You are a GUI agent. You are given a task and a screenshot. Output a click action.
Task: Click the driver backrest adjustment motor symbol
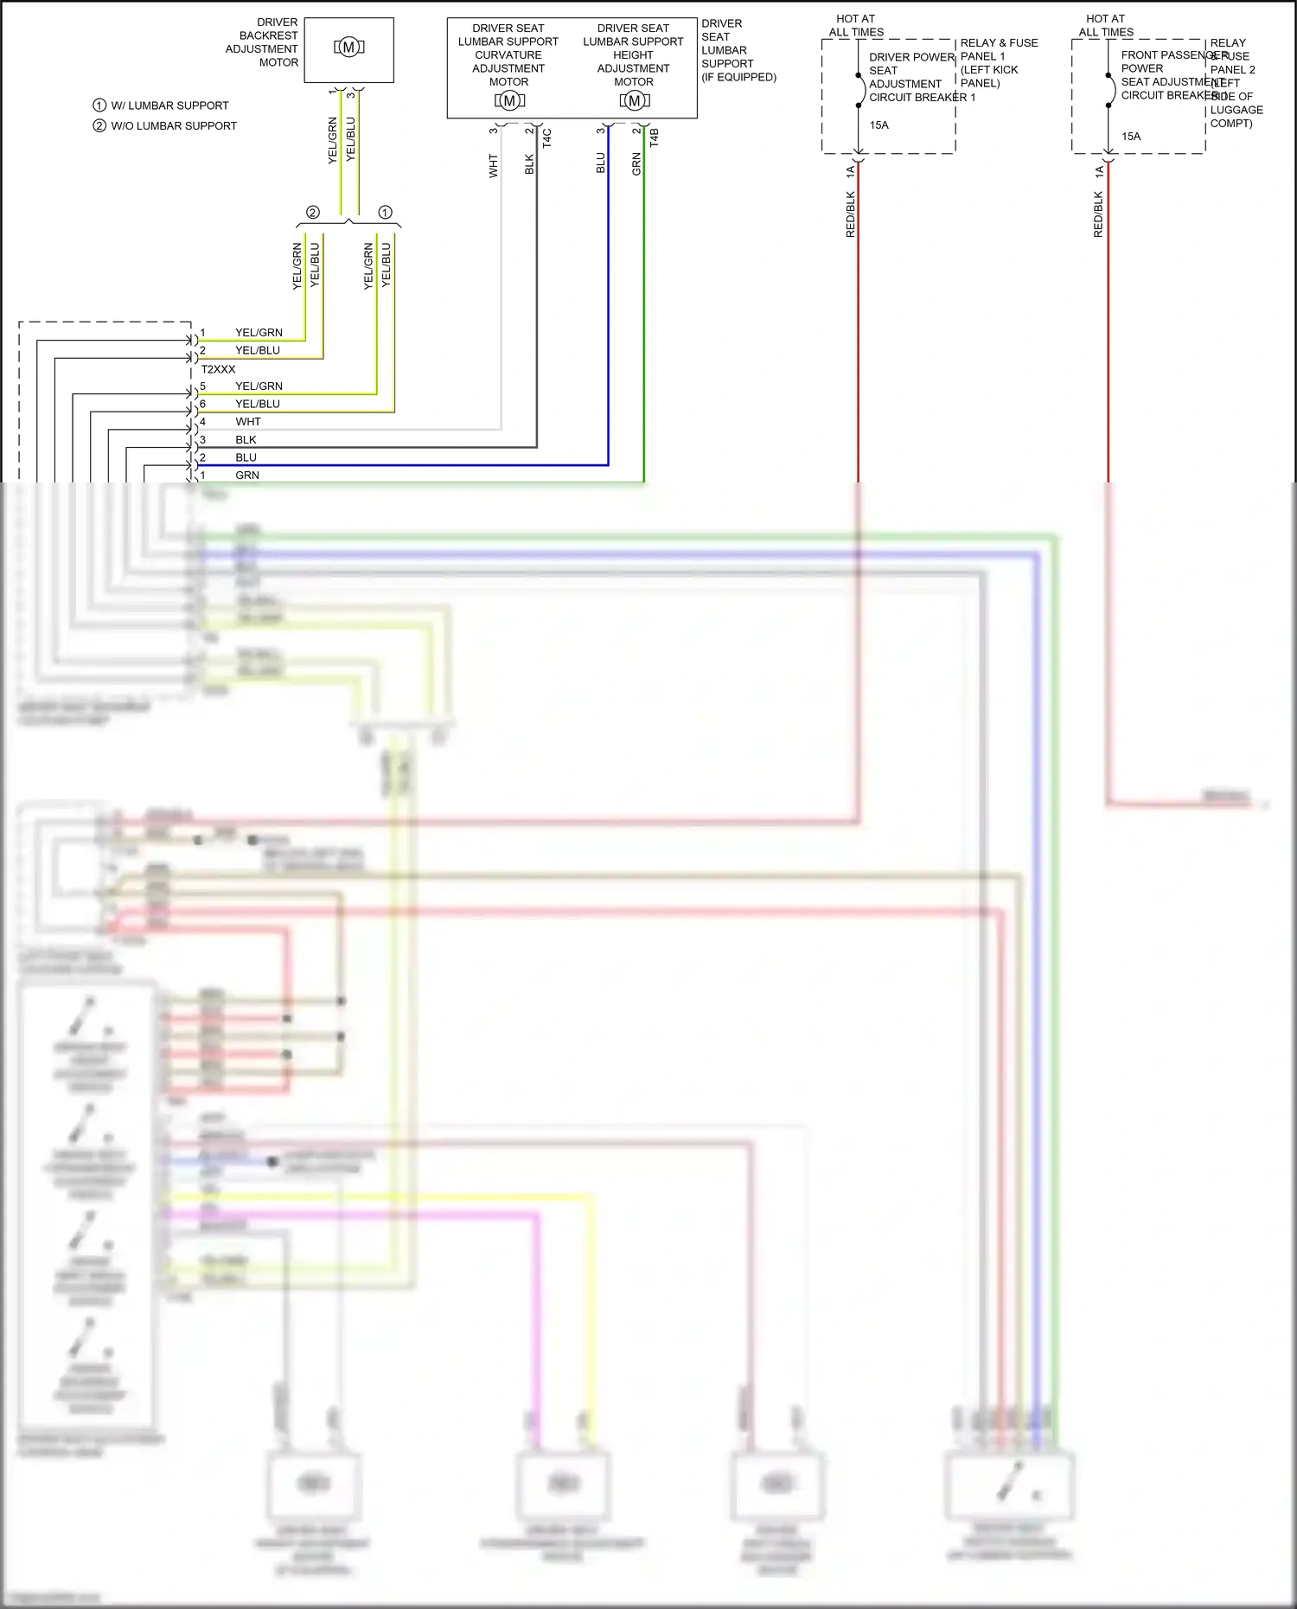tap(348, 48)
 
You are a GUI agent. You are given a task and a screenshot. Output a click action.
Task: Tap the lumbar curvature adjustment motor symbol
tap(509, 101)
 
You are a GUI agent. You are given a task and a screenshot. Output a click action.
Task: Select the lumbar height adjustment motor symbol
tap(634, 101)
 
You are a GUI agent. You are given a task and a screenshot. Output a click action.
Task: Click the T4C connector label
tap(547, 138)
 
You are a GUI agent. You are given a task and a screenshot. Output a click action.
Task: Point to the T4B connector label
tap(655, 138)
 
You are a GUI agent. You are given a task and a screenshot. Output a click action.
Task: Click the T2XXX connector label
tap(218, 369)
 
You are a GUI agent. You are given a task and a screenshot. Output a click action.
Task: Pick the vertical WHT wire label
tap(494, 166)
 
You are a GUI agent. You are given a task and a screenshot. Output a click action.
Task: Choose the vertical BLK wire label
tap(530, 164)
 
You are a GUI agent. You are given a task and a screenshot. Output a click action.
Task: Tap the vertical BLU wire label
tap(601, 163)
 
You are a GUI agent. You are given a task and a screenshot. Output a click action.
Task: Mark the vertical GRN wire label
tap(637, 163)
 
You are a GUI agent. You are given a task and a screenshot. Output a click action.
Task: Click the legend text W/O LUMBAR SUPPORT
tap(173, 126)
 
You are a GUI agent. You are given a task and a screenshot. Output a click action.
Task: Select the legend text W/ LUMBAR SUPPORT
tap(169, 105)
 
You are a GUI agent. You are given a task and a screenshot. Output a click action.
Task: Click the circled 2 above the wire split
tap(313, 213)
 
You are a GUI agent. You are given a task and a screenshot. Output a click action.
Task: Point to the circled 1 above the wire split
tap(386, 213)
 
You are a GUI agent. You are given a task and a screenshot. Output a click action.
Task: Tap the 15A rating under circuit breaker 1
tap(879, 125)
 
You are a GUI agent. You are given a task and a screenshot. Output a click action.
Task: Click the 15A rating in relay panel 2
tap(1131, 137)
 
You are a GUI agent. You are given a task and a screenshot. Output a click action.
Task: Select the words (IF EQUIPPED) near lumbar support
tap(738, 77)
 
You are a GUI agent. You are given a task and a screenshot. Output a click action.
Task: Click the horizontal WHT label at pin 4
tap(248, 422)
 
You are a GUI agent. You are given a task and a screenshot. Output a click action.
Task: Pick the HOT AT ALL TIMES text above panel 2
tap(1106, 25)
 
